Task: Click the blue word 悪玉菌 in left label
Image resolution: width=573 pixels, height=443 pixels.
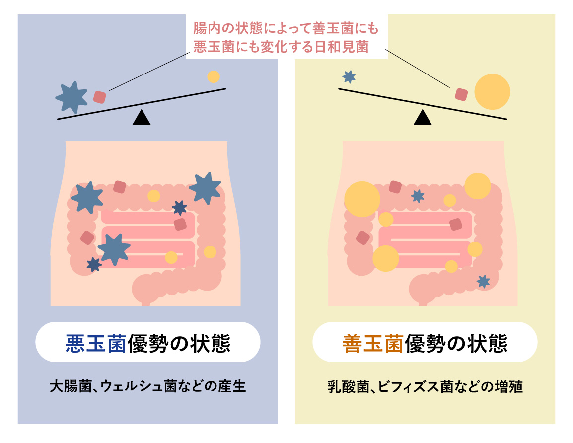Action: pyautogui.click(x=95, y=343)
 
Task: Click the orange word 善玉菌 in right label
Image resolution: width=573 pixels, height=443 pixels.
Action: pyautogui.click(x=372, y=343)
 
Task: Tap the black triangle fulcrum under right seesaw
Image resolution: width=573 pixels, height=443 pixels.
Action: pyautogui.click(x=423, y=117)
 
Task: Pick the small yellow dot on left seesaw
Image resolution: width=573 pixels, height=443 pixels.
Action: pyautogui.click(x=213, y=76)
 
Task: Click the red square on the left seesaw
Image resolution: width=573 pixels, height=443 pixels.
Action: pyautogui.click(x=100, y=96)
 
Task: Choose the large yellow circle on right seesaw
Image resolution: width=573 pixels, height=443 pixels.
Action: pyautogui.click(x=492, y=91)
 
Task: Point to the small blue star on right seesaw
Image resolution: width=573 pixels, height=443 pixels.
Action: pyautogui.click(x=349, y=76)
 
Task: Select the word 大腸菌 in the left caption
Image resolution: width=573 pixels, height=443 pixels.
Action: pyautogui.click(x=71, y=386)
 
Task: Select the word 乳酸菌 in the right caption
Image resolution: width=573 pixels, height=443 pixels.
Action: pyautogui.click(x=348, y=386)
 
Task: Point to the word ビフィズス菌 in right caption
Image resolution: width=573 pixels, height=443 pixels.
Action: pyautogui.click(x=412, y=386)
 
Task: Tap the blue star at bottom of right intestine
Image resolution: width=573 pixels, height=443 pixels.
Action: pyautogui.click(x=483, y=281)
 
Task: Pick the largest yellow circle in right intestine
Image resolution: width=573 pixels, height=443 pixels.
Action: pyautogui.click(x=362, y=199)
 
